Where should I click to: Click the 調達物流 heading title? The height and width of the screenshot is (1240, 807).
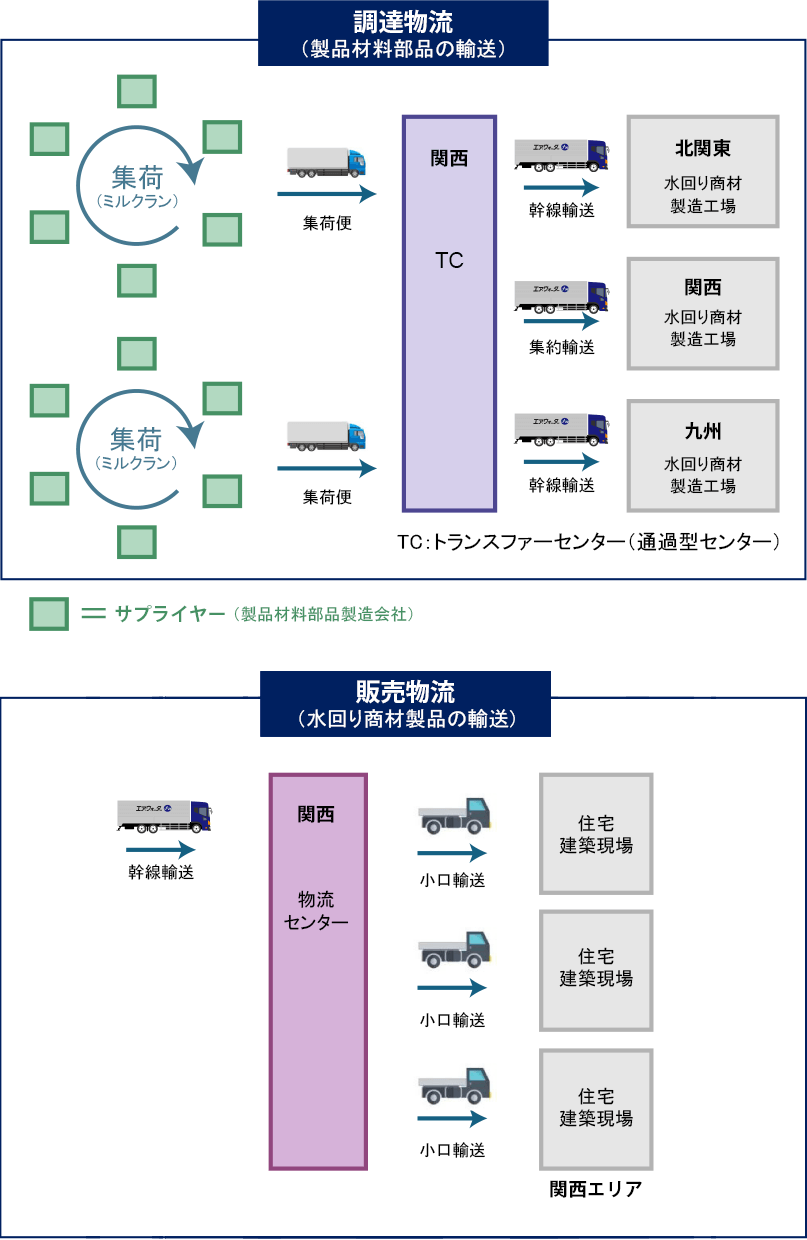coord(403,22)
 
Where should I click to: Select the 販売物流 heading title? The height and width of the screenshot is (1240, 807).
coord(404,692)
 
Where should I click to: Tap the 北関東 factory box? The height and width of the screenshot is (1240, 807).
coord(702,171)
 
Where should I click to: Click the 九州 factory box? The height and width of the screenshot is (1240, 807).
coord(702,456)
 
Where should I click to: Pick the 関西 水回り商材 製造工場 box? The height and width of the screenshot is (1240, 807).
coord(702,313)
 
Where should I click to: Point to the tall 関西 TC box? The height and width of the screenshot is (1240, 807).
coord(449,313)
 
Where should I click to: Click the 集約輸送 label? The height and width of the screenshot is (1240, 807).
coord(561,348)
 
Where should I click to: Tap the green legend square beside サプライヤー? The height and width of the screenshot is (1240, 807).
coord(48,614)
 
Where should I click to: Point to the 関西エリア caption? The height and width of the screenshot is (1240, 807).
coord(595,1190)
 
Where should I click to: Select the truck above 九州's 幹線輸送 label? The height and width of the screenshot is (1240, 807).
coord(561,428)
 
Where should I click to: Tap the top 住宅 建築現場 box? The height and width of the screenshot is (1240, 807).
coord(596,833)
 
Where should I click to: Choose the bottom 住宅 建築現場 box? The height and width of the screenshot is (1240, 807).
coord(596,1108)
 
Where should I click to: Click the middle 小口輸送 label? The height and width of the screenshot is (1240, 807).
coord(452,1021)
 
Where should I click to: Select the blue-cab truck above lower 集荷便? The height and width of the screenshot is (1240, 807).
coord(326,436)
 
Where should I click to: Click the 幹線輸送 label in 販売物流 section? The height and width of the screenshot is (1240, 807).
coord(160,872)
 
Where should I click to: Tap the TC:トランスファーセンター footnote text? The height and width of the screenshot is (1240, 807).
coord(588,543)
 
